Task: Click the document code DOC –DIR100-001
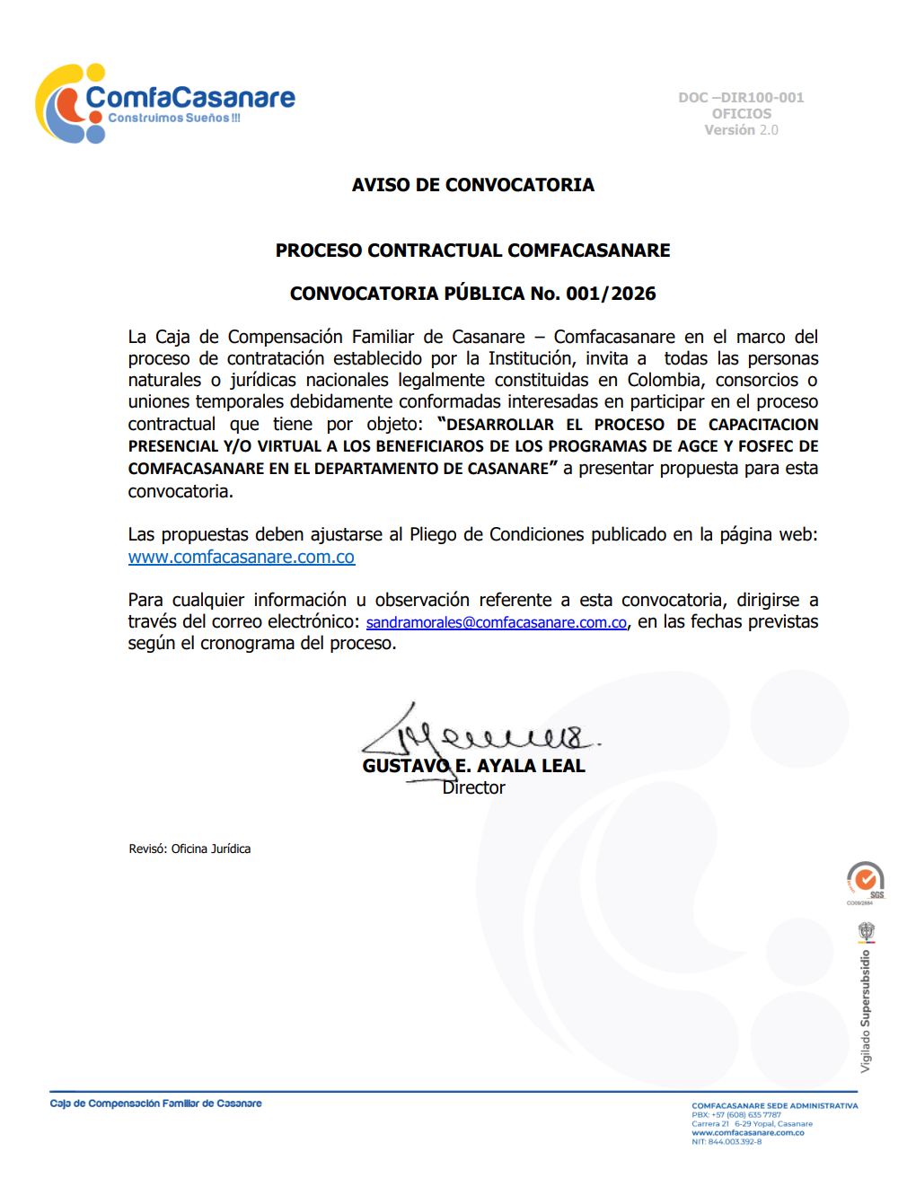741,97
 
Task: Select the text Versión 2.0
741,130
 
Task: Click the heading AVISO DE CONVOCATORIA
472,185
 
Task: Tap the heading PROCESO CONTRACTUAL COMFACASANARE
472,251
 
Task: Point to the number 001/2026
611,294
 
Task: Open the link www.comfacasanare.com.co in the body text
241,558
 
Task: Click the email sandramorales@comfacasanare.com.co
496,622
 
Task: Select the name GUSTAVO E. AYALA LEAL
473,766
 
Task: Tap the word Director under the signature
473,788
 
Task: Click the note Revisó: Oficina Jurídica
189,848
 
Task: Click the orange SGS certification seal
865,880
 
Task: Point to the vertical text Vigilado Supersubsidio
865,1010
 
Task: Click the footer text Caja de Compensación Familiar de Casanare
155,1103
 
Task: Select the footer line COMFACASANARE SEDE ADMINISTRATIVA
774,1106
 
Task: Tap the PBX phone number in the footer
736,1115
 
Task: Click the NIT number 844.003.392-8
727,1142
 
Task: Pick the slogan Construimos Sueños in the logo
174,119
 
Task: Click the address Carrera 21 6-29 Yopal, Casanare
752,1124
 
